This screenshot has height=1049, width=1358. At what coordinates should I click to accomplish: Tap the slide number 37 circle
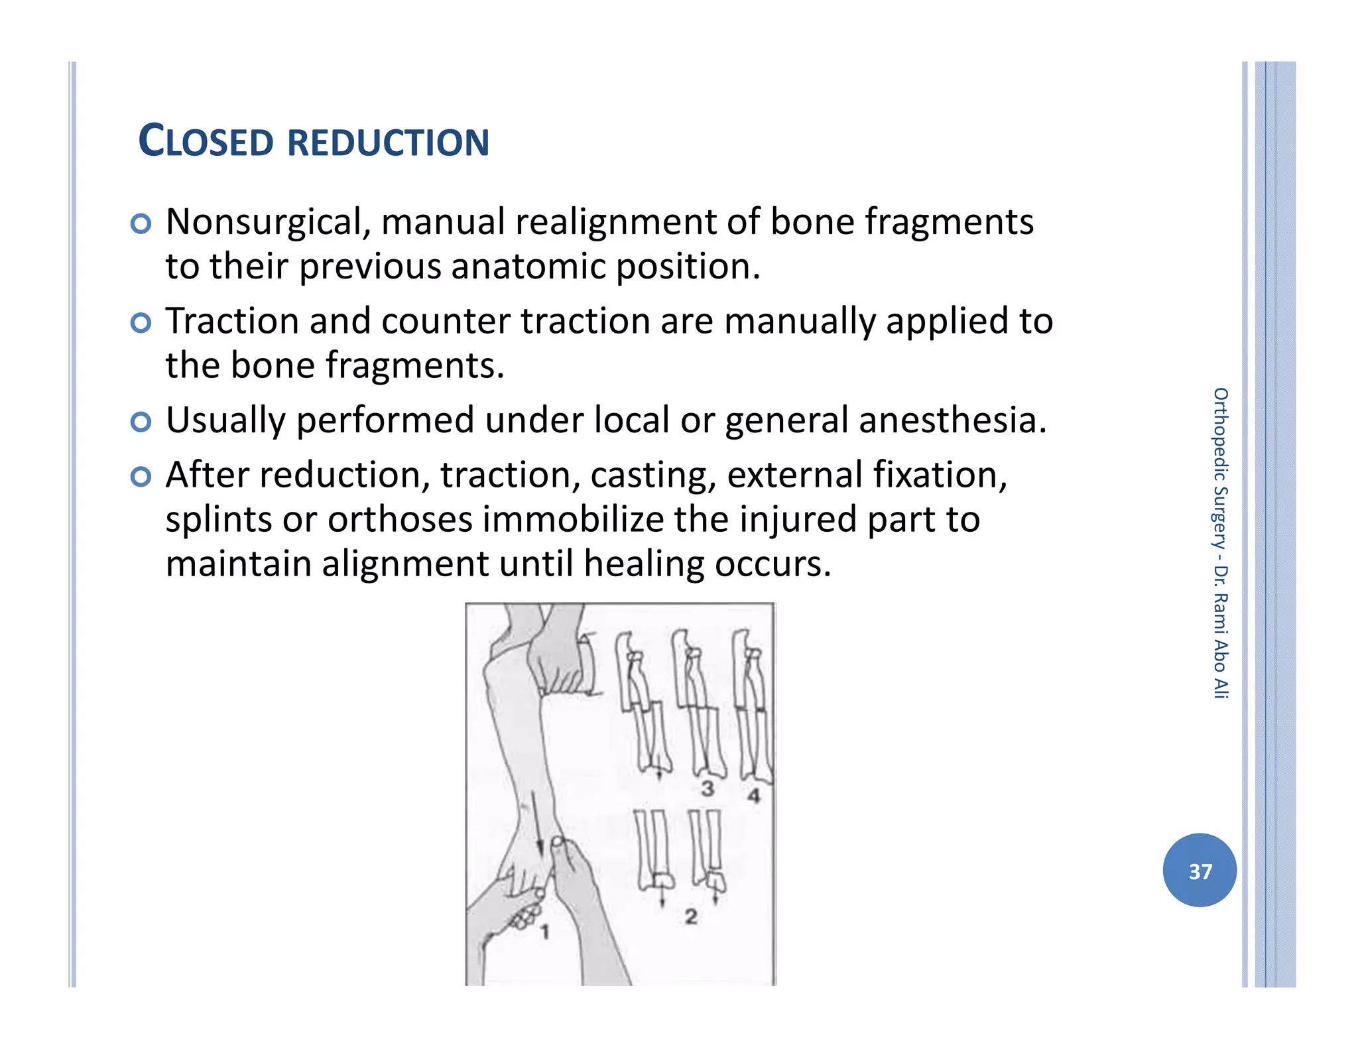point(1199,870)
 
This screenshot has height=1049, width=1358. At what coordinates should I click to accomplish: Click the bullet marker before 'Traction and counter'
point(141,323)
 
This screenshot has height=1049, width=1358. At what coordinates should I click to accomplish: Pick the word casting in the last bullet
point(653,475)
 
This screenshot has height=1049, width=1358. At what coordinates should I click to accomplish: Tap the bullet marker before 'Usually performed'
point(141,422)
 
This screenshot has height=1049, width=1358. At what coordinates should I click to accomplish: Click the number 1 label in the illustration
point(545,932)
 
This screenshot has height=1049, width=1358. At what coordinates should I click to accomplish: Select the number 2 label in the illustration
point(691,916)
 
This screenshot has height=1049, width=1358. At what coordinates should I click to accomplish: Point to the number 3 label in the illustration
point(708,789)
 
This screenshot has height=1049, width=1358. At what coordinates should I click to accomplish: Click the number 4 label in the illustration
point(753,795)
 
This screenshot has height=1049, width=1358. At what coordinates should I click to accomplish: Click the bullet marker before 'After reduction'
point(141,476)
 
